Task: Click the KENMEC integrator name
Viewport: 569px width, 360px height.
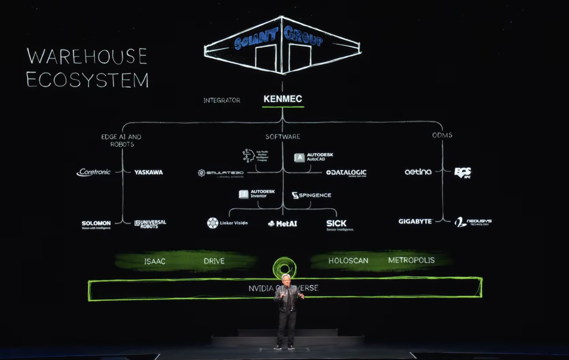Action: pyautogui.click(x=283, y=99)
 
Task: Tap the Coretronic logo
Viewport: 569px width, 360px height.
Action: pyautogui.click(x=94, y=172)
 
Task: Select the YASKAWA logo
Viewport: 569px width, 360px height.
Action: pyautogui.click(x=149, y=172)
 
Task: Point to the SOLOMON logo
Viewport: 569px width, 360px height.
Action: pyautogui.click(x=96, y=224)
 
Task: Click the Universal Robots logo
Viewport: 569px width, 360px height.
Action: pyautogui.click(x=150, y=224)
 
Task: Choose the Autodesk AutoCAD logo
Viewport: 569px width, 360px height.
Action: pyautogui.click(x=314, y=157)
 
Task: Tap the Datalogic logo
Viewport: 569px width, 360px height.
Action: pyautogui.click(x=346, y=173)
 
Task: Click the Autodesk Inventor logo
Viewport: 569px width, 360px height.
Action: pyautogui.click(x=257, y=194)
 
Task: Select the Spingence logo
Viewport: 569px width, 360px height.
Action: pyautogui.click(x=311, y=195)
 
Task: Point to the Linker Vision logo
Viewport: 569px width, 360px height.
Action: pyautogui.click(x=227, y=223)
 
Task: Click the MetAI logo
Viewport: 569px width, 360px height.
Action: pyautogui.click(x=283, y=223)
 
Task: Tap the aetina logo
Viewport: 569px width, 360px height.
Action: pyautogui.click(x=418, y=172)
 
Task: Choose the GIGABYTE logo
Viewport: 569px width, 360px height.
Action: pyautogui.click(x=415, y=221)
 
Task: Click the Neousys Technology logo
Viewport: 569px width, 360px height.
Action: pyautogui.click(x=473, y=222)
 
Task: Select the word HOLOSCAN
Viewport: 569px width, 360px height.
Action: pyautogui.click(x=348, y=261)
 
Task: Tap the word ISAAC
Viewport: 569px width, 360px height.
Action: pyautogui.click(x=155, y=261)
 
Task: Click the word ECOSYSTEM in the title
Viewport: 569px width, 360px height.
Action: pyautogui.click(x=87, y=79)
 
